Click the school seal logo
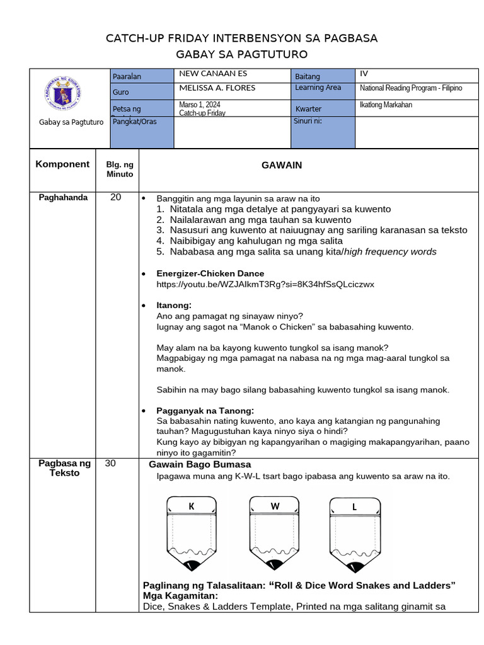62,94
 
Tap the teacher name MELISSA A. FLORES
217,88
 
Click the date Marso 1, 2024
200,105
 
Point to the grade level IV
364,74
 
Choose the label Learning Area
318,88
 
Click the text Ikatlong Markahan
386,105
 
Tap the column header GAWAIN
282,165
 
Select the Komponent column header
62,164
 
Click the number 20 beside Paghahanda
115,198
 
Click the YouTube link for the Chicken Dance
265,285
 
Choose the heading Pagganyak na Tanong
205,411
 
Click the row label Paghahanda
63,198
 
